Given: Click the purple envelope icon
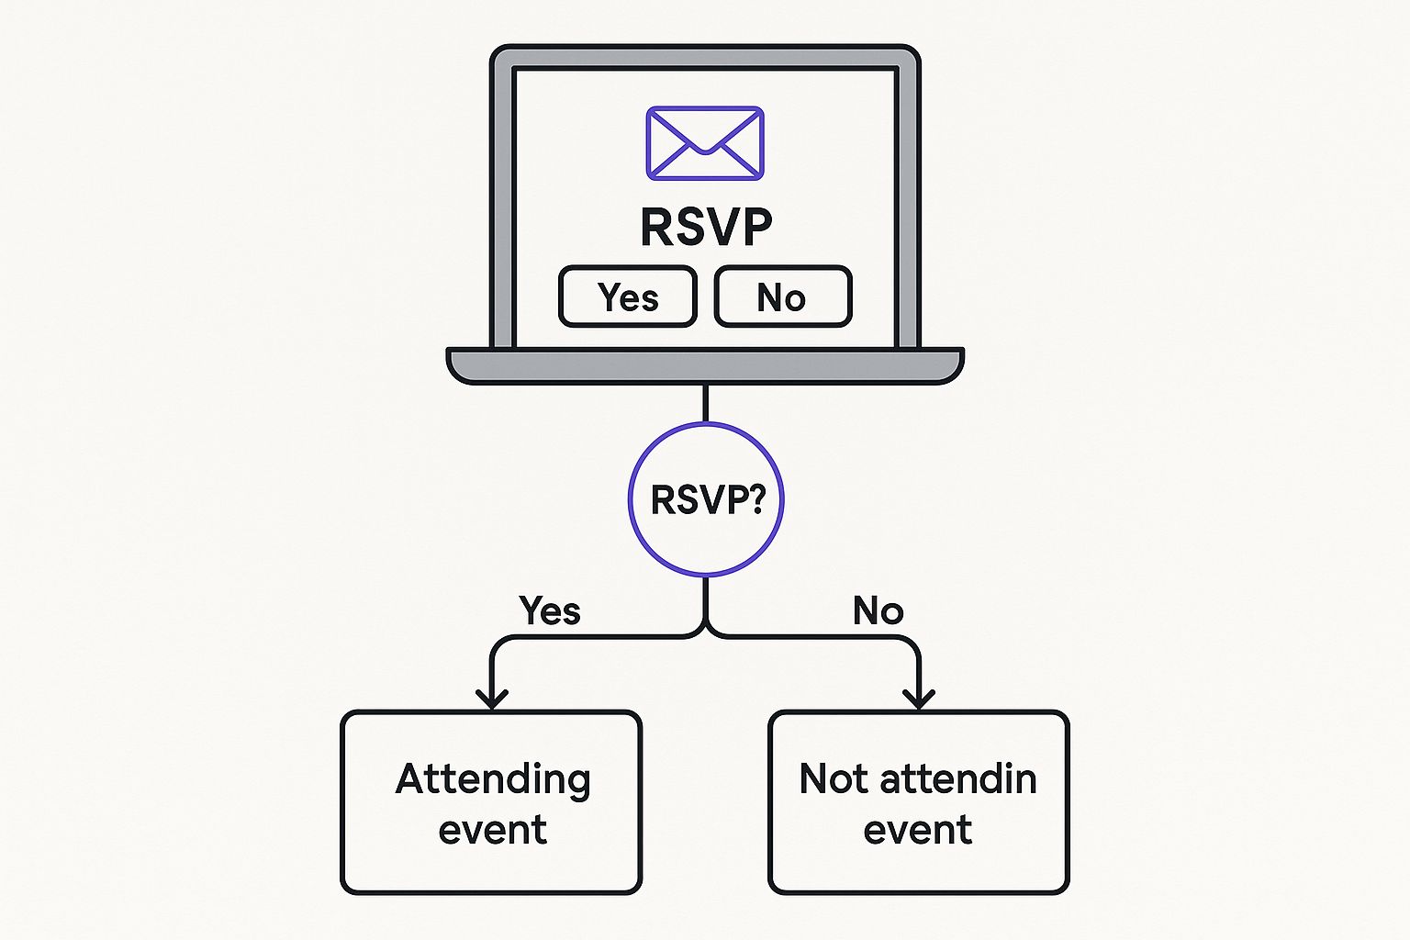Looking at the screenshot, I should [704, 143].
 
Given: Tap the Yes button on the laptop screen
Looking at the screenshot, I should [628, 297].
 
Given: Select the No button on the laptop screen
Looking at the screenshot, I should [782, 297].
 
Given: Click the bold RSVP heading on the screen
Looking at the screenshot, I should [706, 227].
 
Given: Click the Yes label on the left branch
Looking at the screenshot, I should [549, 610].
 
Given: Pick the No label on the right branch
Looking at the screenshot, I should [878, 610].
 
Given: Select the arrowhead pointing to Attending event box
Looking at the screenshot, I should [492, 699].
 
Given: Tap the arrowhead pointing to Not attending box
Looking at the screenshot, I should [918, 699].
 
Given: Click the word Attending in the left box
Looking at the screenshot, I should [493, 779].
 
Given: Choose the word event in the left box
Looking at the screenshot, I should [492, 830].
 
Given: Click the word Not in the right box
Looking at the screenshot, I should [833, 779].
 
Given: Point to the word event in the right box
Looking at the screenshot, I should [917, 830].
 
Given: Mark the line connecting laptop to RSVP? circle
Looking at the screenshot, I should [705, 404].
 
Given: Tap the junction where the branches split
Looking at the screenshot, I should [705, 632].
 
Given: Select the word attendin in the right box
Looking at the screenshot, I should [958, 779].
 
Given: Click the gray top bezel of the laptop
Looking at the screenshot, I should [705, 57].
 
